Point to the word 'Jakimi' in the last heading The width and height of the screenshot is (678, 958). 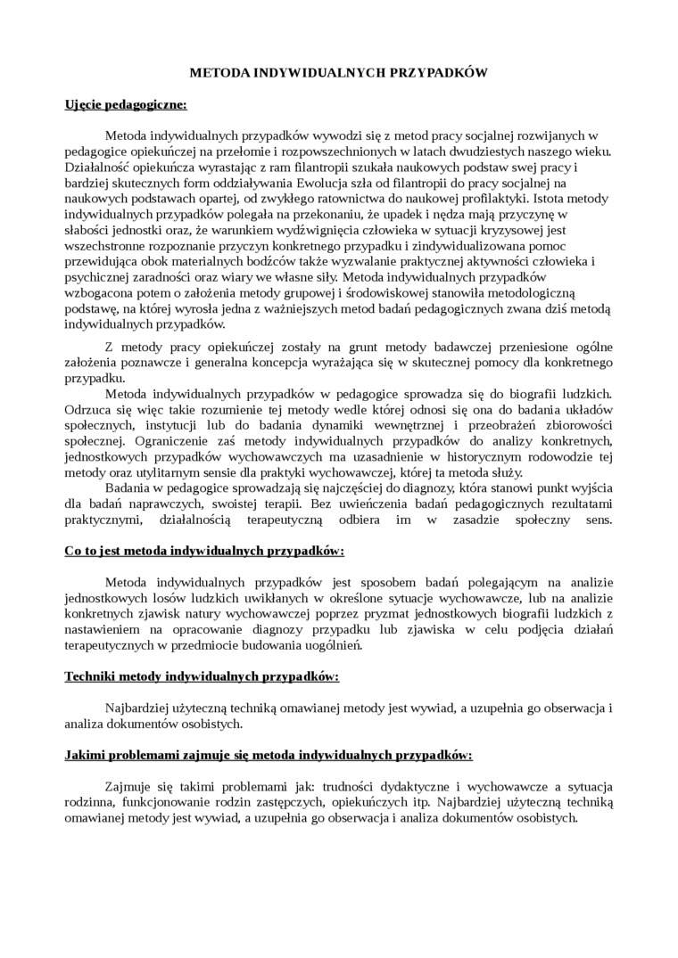(86, 755)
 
